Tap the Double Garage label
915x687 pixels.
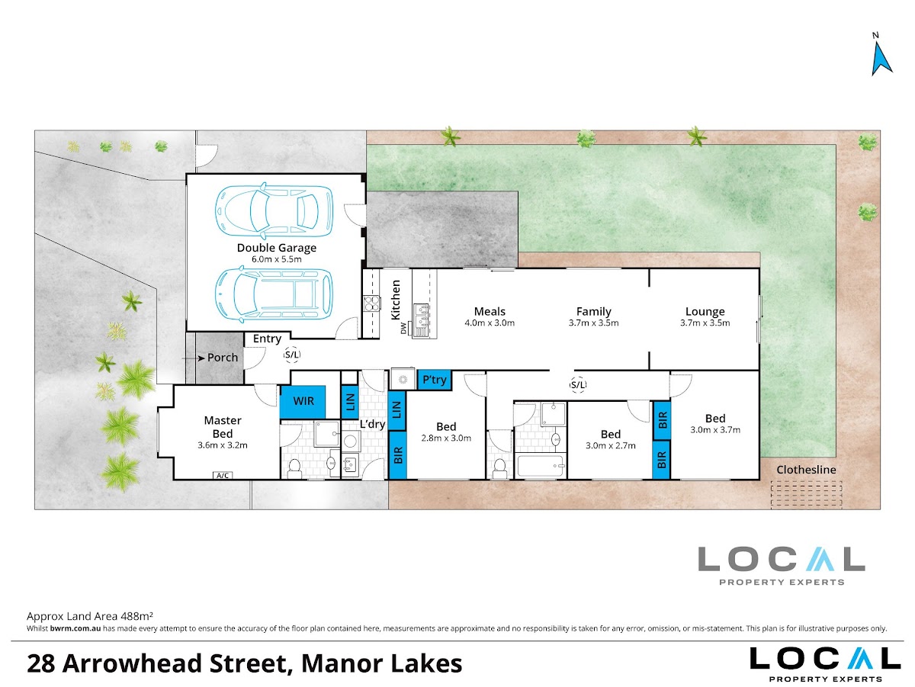point(276,248)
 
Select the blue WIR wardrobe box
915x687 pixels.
point(303,402)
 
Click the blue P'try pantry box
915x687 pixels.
point(435,380)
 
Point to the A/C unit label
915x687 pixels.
point(223,475)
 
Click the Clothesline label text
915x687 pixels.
point(806,470)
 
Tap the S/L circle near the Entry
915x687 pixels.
point(292,355)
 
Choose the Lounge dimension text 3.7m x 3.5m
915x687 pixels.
point(705,323)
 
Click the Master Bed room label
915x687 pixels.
point(223,427)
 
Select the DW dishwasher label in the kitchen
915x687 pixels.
point(403,328)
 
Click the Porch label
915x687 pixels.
point(223,358)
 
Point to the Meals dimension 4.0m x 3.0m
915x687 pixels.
point(490,323)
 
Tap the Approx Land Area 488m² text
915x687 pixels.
point(90,616)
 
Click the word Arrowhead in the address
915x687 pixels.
point(133,663)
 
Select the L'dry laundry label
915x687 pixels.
point(372,425)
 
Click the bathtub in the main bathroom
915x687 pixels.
point(541,465)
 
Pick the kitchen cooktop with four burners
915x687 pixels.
point(371,303)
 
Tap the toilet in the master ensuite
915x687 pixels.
point(295,469)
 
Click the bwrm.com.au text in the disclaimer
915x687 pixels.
point(75,628)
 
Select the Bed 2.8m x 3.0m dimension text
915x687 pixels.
point(446,438)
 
